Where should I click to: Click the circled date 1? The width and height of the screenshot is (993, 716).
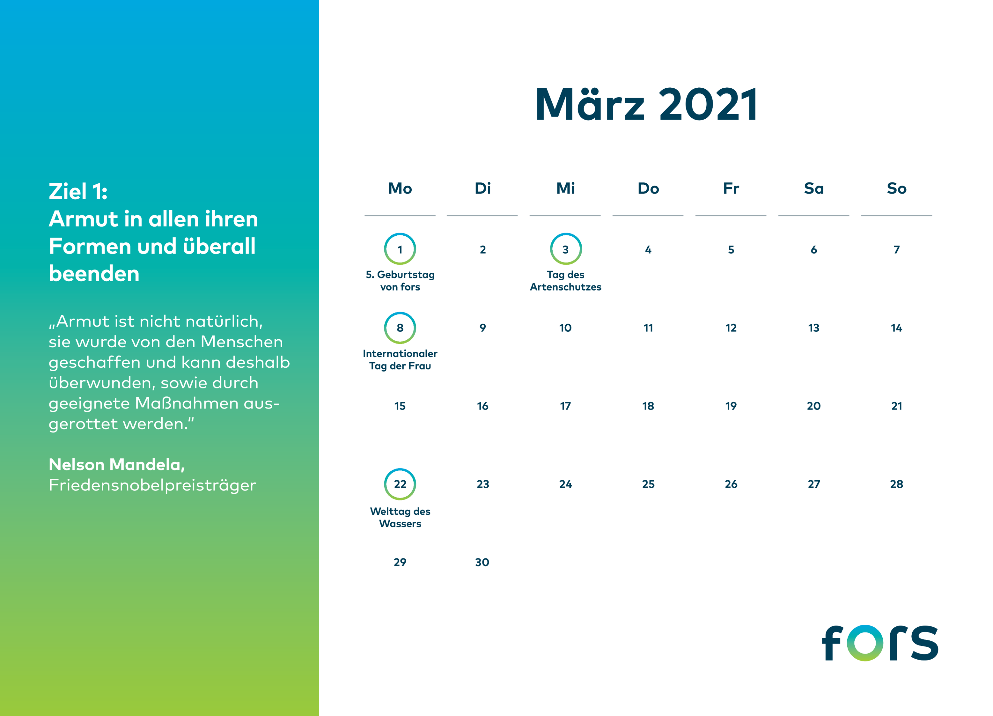pyautogui.click(x=400, y=249)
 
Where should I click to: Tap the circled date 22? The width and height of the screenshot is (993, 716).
pyautogui.click(x=400, y=484)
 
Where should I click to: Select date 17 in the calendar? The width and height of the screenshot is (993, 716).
pyautogui.click(x=565, y=406)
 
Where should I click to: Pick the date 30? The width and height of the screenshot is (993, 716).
pyautogui.click(x=482, y=562)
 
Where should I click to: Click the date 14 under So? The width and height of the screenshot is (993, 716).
pyautogui.click(x=896, y=328)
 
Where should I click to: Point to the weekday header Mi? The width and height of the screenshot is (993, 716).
pyautogui.click(x=565, y=188)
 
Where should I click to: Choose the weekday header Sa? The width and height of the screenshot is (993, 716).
pyautogui.click(x=813, y=188)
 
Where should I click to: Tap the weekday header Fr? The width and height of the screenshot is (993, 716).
pyautogui.click(x=731, y=188)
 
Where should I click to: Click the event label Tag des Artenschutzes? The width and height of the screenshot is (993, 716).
pyautogui.click(x=565, y=281)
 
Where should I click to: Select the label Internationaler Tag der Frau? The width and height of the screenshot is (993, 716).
pyautogui.click(x=400, y=359)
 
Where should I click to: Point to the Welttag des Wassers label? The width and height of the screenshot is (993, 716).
pyautogui.click(x=400, y=517)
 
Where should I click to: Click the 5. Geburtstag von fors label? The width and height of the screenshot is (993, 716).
pyautogui.click(x=400, y=281)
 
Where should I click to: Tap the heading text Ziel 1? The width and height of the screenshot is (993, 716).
pyautogui.click(x=78, y=191)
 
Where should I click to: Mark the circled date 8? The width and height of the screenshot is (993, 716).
pyautogui.click(x=400, y=328)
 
